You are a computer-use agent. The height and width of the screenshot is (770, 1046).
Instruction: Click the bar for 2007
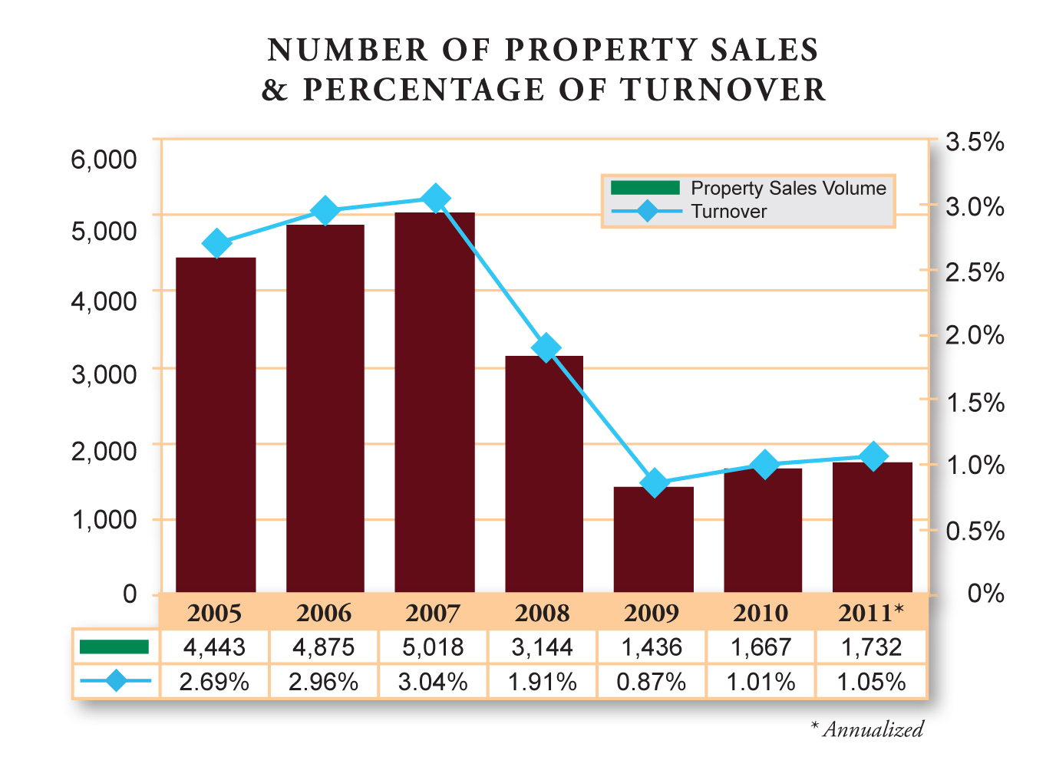click(434, 403)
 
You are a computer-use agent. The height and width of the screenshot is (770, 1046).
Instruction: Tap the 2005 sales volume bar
click(216, 425)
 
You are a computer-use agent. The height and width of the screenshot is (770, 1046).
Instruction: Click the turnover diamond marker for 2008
click(546, 348)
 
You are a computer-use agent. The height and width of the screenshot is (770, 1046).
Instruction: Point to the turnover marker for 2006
click(325, 211)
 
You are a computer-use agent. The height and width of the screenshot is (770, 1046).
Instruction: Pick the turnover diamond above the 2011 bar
click(873, 457)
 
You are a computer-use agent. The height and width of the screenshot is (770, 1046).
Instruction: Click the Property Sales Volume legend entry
click(788, 189)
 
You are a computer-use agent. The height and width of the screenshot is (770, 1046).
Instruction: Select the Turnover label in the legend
click(728, 212)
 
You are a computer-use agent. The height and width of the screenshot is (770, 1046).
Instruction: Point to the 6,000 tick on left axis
click(104, 160)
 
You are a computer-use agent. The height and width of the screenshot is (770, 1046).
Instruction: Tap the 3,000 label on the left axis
click(104, 375)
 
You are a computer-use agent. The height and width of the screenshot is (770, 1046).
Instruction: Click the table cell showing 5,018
click(433, 647)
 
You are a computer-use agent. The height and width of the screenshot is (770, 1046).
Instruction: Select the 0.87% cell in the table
click(652, 682)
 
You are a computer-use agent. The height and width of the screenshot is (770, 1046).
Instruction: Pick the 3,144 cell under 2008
click(542, 647)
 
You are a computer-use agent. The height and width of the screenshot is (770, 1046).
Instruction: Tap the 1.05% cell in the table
click(871, 682)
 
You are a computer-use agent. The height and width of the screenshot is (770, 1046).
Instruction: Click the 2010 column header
click(761, 614)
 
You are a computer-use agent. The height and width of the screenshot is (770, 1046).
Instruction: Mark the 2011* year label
click(870, 614)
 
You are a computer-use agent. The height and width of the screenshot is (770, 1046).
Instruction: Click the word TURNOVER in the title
click(723, 90)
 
